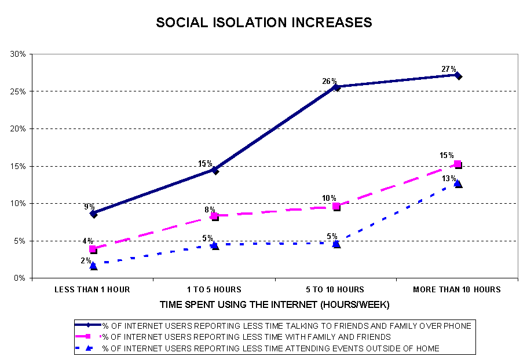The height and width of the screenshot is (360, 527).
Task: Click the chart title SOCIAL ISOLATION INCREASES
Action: coord(263,23)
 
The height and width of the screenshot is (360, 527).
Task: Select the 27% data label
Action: coord(449,69)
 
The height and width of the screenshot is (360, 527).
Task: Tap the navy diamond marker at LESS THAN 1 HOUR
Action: coord(93,214)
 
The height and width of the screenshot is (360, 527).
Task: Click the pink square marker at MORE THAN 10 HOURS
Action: coord(458,164)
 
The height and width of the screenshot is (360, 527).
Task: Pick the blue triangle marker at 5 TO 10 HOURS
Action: coord(336,244)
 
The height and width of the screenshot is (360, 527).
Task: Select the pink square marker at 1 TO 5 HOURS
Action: coord(215,216)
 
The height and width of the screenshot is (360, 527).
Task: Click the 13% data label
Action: coord(449,178)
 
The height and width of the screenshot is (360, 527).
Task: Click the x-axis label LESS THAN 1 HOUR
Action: coord(93,289)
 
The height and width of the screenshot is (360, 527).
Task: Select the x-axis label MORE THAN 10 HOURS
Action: coord(457,289)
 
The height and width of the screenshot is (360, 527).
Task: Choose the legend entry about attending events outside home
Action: coord(270,348)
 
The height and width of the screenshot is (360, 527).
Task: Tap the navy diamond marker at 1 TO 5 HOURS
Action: coord(215,170)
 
